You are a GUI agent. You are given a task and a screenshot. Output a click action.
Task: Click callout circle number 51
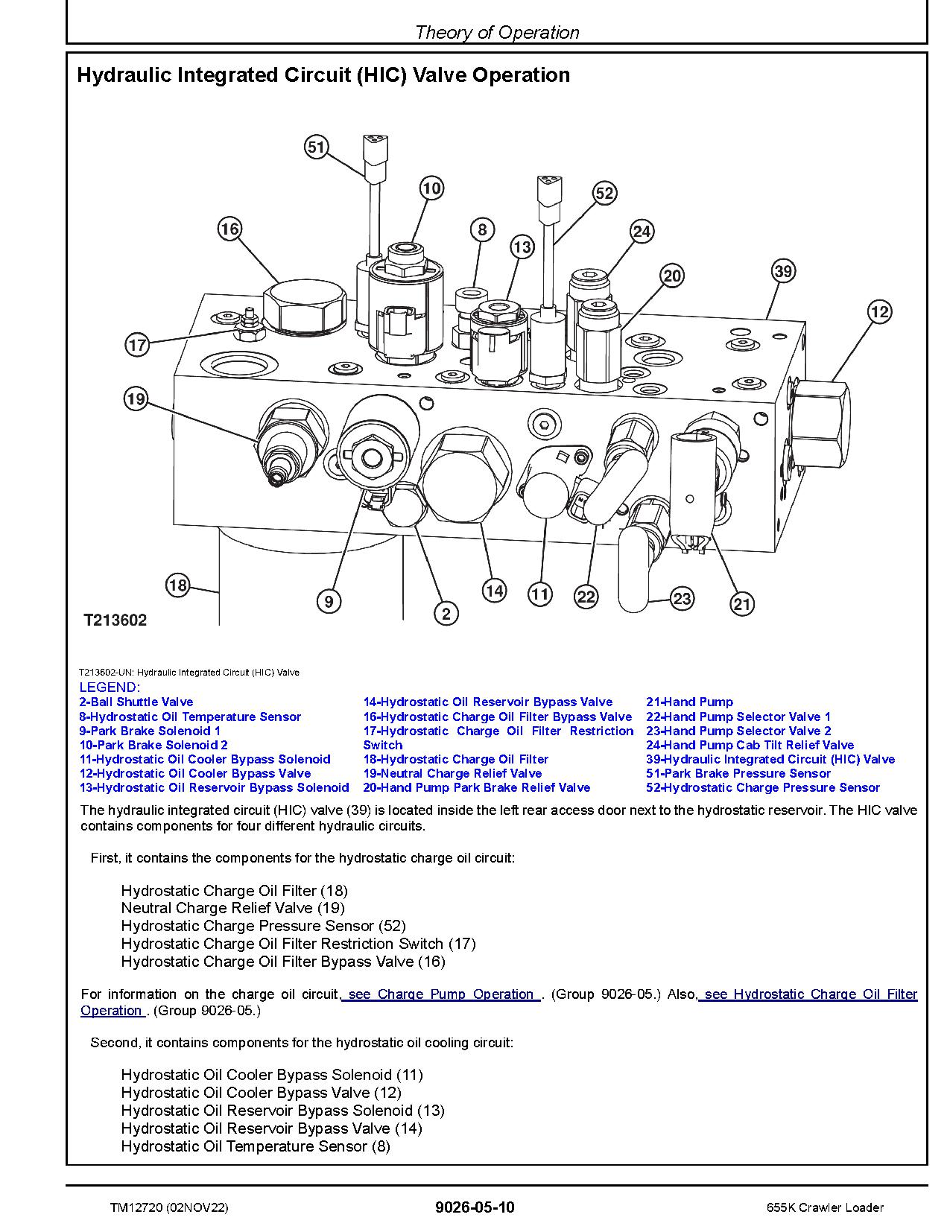tap(316, 147)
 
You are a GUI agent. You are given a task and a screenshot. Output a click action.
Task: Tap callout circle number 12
tap(879, 311)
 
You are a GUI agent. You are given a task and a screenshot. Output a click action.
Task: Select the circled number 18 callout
tap(177, 585)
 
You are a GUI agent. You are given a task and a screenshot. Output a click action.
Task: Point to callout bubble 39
tap(782, 270)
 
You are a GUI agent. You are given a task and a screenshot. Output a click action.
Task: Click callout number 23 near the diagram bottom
tap(682, 598)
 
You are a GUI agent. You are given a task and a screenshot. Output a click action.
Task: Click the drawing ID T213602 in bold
tap(115, 620)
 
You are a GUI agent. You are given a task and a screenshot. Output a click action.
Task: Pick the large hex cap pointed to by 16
tap(307, 306)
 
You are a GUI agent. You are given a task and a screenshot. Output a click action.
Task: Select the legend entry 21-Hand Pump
tap(689, 702)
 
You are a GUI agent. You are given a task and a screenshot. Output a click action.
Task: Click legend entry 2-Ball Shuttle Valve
tap(136, 702)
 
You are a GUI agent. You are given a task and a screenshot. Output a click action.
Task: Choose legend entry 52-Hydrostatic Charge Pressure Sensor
tap(762, 787)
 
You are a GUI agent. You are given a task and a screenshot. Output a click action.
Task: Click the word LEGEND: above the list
tap(109, 687)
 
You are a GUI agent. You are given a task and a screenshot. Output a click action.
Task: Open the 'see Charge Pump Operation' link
tap(441, 994)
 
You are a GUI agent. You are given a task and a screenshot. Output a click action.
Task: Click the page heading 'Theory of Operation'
tap(497, 32)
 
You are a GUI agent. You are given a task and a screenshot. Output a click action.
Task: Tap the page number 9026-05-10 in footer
tap(475, 1207)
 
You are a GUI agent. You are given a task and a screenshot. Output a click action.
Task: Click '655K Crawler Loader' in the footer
tap(825, 1207)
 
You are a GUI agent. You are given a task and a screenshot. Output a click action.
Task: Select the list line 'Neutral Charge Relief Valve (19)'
tap(232, 908)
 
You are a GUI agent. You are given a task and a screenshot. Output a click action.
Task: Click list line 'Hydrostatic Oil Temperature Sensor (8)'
tap(255, 1146)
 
